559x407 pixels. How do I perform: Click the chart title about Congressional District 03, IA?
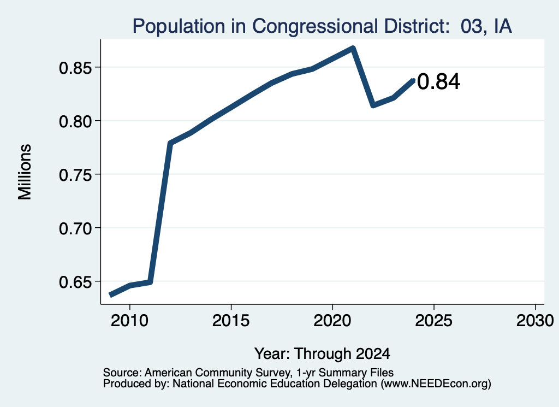(322, 26)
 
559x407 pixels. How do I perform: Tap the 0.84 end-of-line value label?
(438, 81)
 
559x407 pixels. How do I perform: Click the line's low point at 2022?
(373, 105)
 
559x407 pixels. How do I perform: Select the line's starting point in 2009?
(110, 294)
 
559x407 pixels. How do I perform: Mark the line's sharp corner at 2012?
(170, 143)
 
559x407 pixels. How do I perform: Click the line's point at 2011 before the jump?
(150, 282)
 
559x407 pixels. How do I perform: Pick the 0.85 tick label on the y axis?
(76, 67)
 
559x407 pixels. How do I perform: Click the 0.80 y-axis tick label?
(76, 121)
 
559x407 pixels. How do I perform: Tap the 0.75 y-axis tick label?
(76, 175)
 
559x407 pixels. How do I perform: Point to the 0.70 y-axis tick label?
(76, 228)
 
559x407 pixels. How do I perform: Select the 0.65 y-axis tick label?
(76, 282)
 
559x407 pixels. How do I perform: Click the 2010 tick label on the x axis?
(129, 321)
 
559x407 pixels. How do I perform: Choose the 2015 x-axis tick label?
(231, 321)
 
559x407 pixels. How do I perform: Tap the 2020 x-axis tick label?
(332, 321)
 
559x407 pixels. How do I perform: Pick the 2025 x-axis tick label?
(434, 321)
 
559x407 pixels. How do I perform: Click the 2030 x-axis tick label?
(535, 321)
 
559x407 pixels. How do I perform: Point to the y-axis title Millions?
(25, 172)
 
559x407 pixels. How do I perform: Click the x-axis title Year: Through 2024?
(322, 354)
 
